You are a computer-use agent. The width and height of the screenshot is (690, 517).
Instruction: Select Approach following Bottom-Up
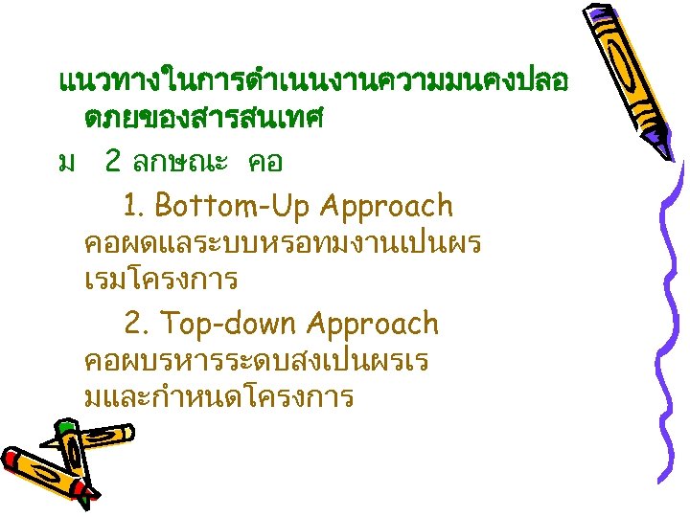tap(387, 206)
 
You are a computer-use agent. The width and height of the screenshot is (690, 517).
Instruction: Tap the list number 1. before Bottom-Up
tap(134, 206)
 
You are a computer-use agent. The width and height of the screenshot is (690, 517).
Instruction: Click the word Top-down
tap(220, 325)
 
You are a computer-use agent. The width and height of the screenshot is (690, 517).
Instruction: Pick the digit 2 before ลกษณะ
tap(113, 162)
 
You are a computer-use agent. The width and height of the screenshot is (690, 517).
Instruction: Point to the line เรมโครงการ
tap(161, 281)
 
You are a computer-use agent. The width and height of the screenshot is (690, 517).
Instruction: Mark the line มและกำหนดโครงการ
tap(219, 397)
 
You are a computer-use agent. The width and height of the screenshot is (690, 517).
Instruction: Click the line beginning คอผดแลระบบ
tap(283, 243)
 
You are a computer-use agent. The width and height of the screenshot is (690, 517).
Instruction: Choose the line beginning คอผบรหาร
tap(257, 362)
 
